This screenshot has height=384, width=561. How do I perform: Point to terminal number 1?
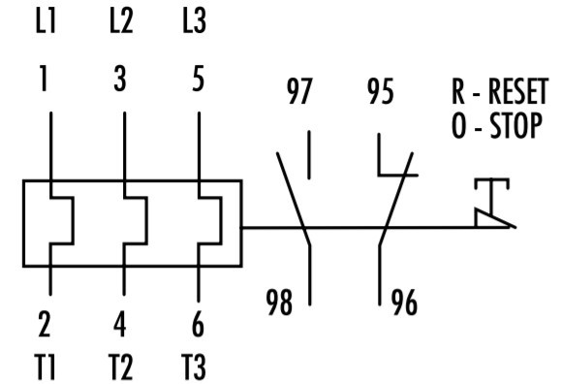(43, 80)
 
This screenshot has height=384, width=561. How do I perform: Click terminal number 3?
(120, 80)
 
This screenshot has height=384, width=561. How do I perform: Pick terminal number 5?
(197, 80)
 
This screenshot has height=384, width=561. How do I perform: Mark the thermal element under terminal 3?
(134, 220)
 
